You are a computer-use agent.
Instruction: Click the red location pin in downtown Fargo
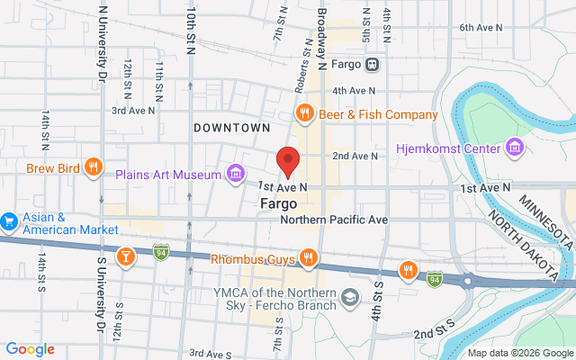(288, 160)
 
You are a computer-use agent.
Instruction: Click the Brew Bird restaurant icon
(93, 166)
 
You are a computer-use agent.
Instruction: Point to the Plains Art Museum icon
(235, 173)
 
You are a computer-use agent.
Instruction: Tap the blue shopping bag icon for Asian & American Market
(9, 220)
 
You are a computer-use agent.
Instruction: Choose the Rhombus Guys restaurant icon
(309, 259)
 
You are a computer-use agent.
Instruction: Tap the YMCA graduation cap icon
(350, 297)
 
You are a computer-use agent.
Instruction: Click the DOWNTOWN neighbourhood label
(232, 129)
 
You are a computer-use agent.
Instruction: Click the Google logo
(30, 349)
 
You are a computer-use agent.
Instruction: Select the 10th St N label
(191, 31)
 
